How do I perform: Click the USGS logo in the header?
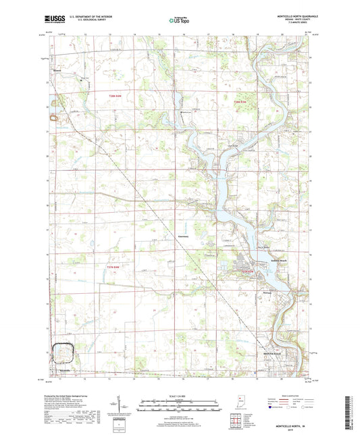click(55, 20)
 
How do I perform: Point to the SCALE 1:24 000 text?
click(180, 396)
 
